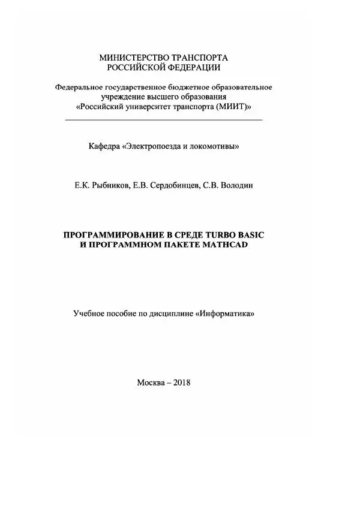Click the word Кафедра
point(103,146)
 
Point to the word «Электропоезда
point(151,146)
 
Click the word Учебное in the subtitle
point(89,313)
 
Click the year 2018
point(181,382)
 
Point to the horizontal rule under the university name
point(163,121)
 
